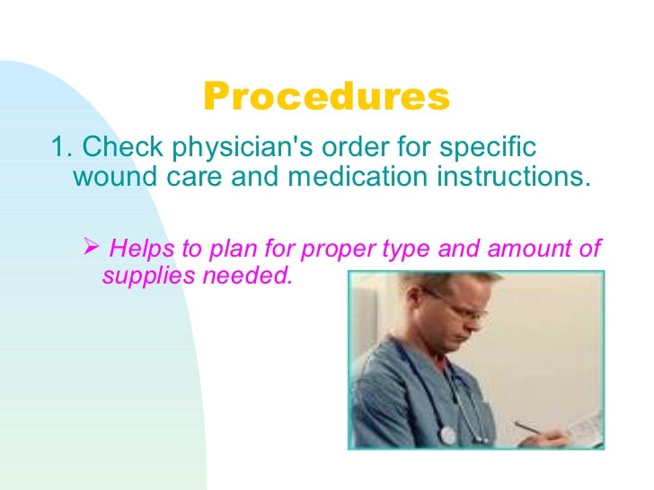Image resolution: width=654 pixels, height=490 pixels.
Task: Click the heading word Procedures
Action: coord(326,98)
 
